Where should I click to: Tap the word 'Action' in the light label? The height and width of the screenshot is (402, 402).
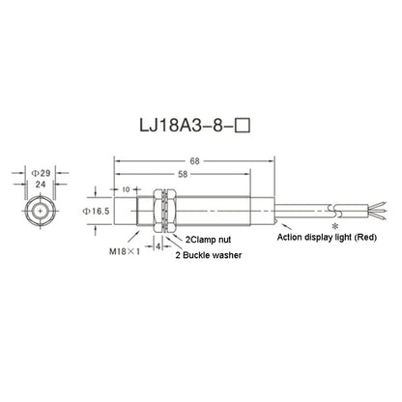[x=291, y=236]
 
